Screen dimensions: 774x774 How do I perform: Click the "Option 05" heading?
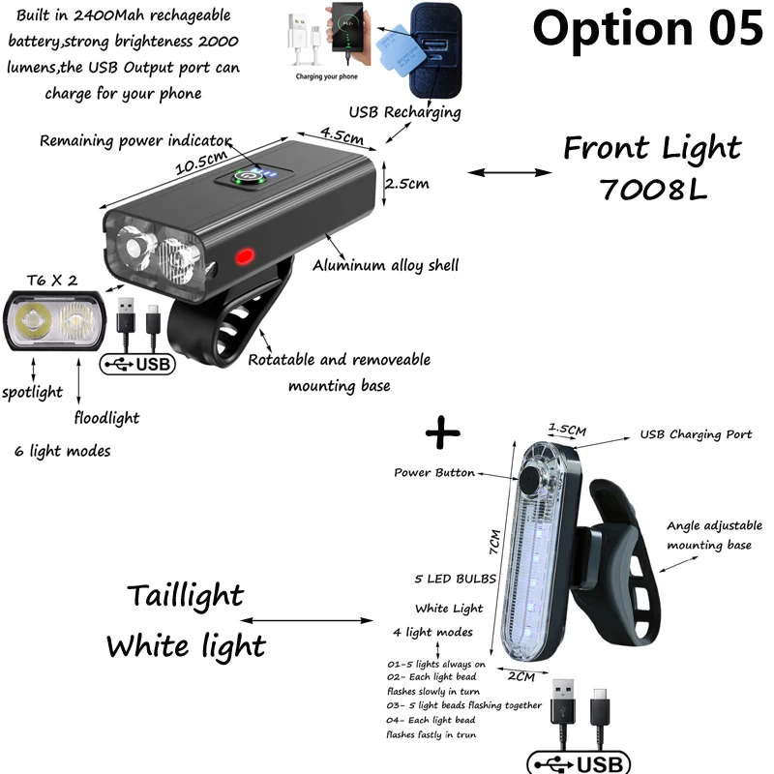(647, 29)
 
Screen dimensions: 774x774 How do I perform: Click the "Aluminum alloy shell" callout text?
(385, 265)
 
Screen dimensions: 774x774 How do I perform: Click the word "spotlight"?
(32, 392)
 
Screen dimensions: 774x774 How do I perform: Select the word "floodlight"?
(106, 418)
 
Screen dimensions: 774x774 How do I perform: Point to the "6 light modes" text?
(63, 451)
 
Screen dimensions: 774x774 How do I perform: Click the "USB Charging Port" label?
(696, 434)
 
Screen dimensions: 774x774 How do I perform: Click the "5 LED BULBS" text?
(455, 579)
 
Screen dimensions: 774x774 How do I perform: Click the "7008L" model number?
(652, 188)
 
